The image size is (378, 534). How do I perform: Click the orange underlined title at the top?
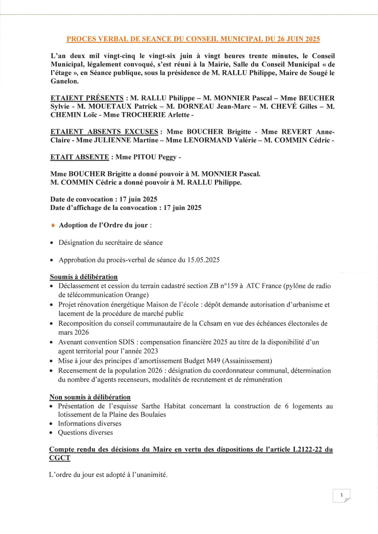click(x=193, y=39)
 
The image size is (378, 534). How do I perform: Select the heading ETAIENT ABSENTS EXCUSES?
click(x=104, y=132)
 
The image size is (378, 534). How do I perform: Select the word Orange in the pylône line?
click(x=135, y=295)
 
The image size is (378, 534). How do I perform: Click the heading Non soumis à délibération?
click(x=90, y=397)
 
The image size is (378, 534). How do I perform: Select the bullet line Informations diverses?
click(x=89, y=424)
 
